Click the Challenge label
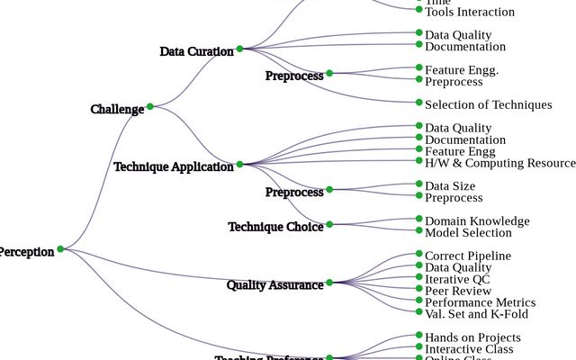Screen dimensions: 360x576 pyautogui.click(x=117, y=110)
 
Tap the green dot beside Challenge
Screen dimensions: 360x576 pyautogui.click(x=150, y=106)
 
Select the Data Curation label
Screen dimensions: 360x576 pyautogui.click(x=196, y=51)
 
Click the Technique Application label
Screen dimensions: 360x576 pyautogui.click(x=174, y=166)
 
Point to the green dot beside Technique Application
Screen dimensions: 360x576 pyautogui.click(x=240, y=165)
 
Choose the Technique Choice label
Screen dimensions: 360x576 pyautogui.click(x=275, y=227)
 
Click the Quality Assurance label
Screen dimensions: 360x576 pyautogui.click(x=274, y=285)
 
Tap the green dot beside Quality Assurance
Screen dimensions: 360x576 pyautogui.click(x=329, y=283)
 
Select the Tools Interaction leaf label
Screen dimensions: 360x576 pyautogui.click(x=470, y=12)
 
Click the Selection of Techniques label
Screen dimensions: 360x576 pyautogui.click(x=489, y=104)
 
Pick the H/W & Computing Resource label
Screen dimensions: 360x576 pyautogui.click(x=499, y=163)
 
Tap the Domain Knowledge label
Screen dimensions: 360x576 pyautogui.click(x=477, y=220)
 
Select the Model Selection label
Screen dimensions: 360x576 pyautogui.click(x=468, y=232)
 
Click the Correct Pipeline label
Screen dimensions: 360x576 pyautogui.click(x=467, y=256)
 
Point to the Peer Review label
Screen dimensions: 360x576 pyautogui.click(x=458, y=291)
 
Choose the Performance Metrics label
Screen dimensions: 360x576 pyautogui.click(x=480, y=302)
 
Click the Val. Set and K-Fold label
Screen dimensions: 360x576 pyautogui.click(x=476, y=314)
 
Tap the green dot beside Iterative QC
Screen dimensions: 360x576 pyautogui.click(x=419, y=277)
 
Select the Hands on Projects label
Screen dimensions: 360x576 pyautogui.click(x=472, y=337)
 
